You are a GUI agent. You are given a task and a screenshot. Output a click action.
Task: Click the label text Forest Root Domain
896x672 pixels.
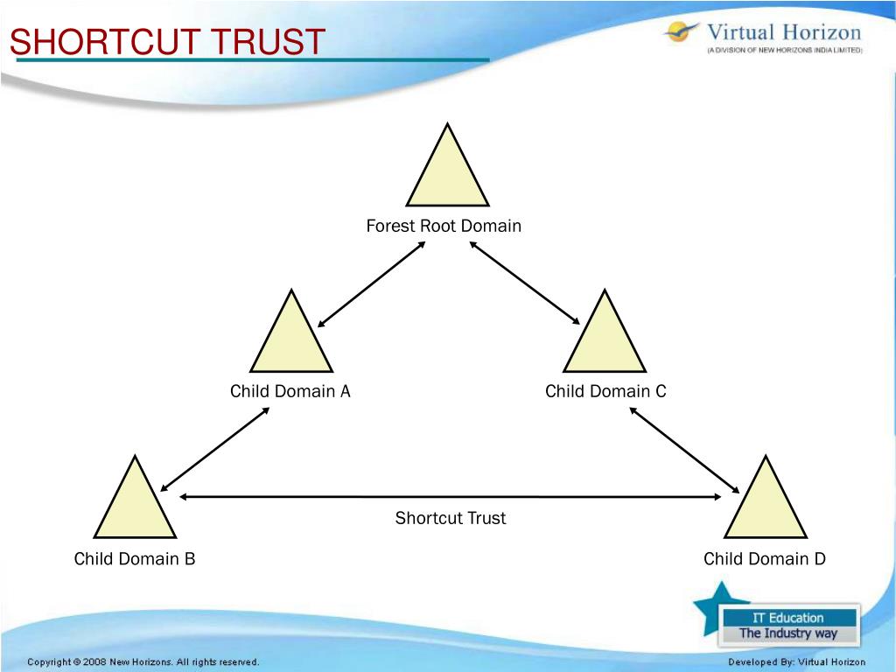444,226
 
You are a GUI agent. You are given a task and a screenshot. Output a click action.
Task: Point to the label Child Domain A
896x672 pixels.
290,391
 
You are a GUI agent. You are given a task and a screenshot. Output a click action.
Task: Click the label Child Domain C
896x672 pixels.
605,391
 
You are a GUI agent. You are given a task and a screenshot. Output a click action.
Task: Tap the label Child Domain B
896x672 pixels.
135,558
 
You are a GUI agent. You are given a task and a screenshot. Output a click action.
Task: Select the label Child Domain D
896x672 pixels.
765,558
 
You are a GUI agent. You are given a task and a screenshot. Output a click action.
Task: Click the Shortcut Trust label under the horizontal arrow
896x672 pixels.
451,518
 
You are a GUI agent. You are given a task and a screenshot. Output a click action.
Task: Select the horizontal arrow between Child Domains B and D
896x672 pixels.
451,497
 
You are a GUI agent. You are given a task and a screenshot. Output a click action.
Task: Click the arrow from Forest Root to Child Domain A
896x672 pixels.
371,284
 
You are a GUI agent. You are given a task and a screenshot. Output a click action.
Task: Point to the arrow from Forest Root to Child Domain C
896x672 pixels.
525,283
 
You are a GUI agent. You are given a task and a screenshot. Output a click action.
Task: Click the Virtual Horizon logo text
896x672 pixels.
783,33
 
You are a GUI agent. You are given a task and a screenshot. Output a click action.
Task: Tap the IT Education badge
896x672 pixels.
788,625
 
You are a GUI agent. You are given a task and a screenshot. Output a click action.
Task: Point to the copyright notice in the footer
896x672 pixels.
143,662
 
